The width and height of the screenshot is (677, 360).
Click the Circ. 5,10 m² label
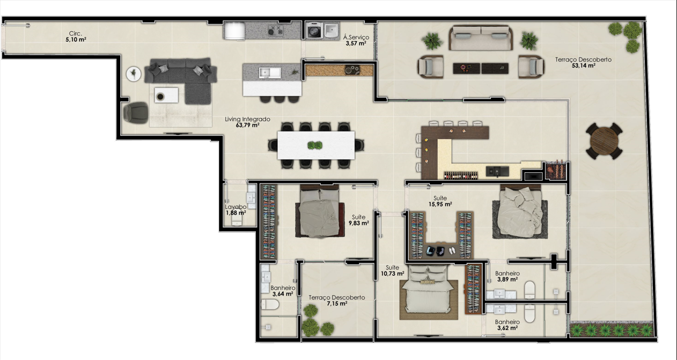click(x=76, y=36)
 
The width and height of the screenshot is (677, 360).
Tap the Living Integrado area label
click(x=247, y=122)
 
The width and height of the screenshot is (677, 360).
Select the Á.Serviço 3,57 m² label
click(x=356, y=40)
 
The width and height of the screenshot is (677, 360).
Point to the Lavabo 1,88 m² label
click(x=236, y=210)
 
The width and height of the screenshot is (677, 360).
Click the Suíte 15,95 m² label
click(x=440, y=201)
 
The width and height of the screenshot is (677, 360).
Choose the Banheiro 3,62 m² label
click(x=507, y=325)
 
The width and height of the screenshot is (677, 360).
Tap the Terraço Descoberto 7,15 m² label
click(x=337, y=300)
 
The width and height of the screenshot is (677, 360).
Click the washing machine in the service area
click(x=314, y=31)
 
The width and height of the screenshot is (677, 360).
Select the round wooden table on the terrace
click(x=604, y=141)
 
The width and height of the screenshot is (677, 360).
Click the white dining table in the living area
click(x=316, y=145)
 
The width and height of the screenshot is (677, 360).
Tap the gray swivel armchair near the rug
click(x=136, y=113)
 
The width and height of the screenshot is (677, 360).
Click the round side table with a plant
click(x=133, y=74)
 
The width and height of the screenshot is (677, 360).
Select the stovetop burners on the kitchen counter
click(x=275, y=31)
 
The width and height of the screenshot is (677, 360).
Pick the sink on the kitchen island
click(x=270, y=72)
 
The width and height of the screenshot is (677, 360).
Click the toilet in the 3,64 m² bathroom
click(x=270, y=304)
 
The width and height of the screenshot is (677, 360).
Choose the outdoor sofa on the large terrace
click(x=481, y=38)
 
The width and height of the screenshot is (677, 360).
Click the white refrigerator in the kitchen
click(x=234, y=31)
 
